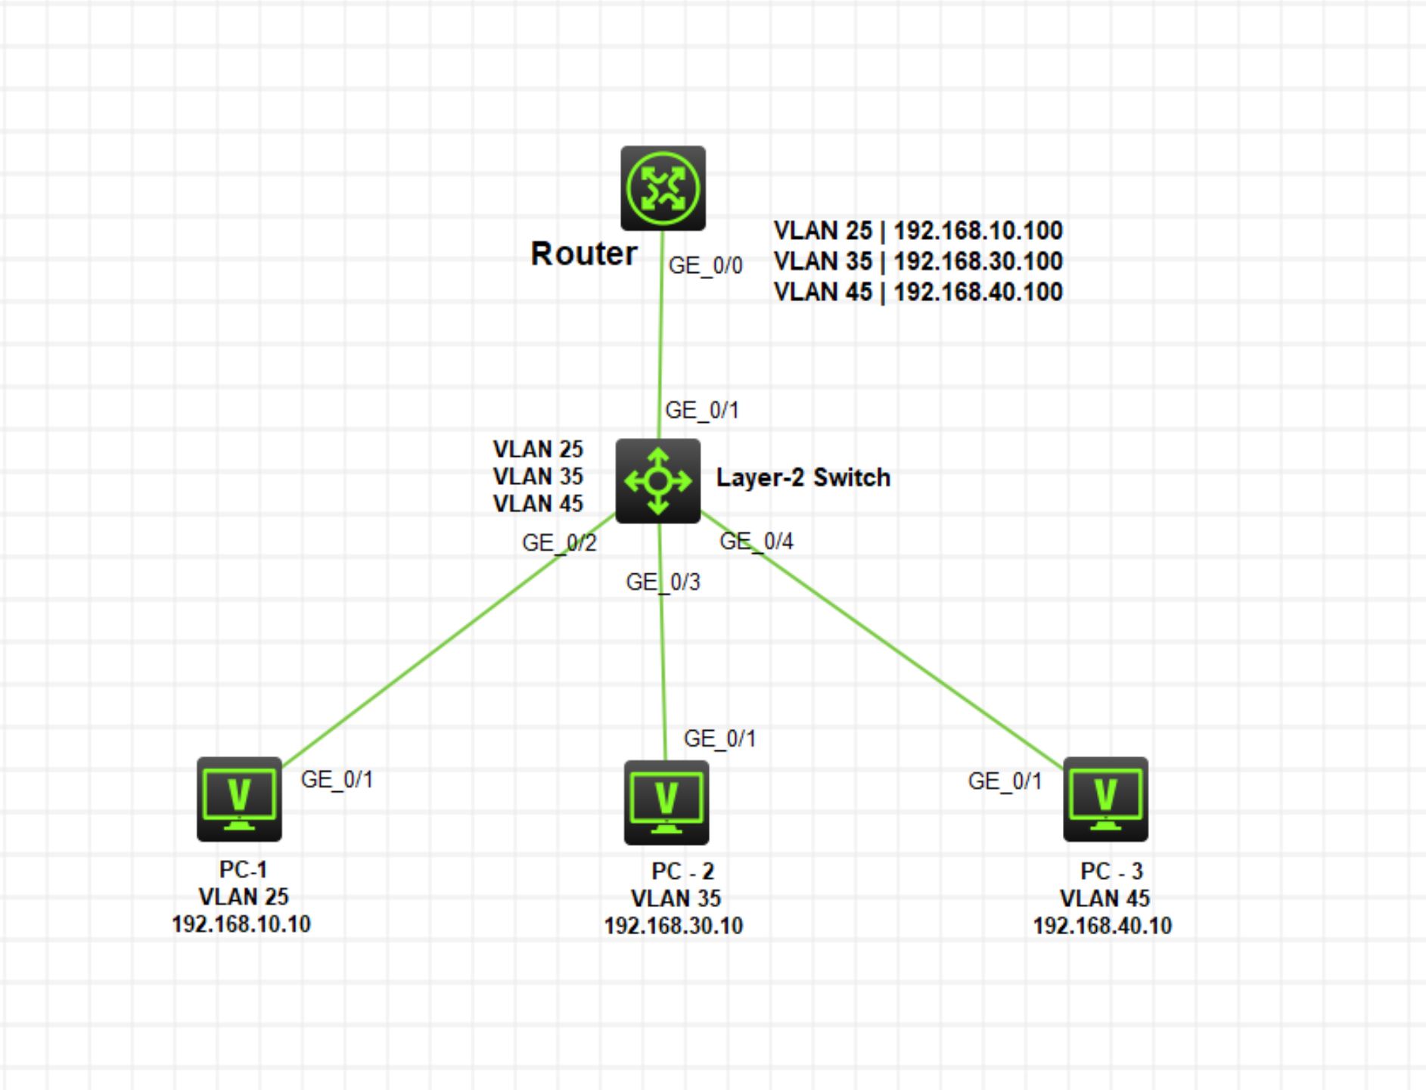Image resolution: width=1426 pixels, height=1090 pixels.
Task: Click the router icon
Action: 663,188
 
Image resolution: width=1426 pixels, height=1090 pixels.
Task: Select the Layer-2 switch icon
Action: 657,480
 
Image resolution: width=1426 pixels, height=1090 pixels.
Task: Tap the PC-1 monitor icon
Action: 239,799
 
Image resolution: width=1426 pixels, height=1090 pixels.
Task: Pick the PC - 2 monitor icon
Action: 666,802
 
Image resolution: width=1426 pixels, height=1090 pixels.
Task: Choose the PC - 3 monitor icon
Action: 1105,799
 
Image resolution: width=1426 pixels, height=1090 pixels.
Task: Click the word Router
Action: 583,254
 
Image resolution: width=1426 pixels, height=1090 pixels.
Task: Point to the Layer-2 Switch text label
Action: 803,478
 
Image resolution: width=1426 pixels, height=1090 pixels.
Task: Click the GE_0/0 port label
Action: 705,266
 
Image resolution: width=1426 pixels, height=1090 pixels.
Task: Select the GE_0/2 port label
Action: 559,543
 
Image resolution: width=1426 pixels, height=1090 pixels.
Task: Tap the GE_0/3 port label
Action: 663,582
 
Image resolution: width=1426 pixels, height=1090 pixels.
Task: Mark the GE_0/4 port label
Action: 756,542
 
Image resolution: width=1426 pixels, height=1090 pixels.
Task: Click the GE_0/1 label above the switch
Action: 701,411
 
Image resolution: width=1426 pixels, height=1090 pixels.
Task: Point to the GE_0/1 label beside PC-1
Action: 337,779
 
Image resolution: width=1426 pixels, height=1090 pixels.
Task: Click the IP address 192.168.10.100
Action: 978,231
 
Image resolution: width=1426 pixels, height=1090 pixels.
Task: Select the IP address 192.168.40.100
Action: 978,292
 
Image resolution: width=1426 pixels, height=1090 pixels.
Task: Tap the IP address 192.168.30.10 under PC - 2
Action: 673,926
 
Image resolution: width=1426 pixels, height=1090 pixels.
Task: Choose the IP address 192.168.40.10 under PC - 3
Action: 1102,926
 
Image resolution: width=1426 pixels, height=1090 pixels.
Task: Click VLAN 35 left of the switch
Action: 538,477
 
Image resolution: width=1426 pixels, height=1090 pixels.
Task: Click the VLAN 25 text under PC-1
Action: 243,897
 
